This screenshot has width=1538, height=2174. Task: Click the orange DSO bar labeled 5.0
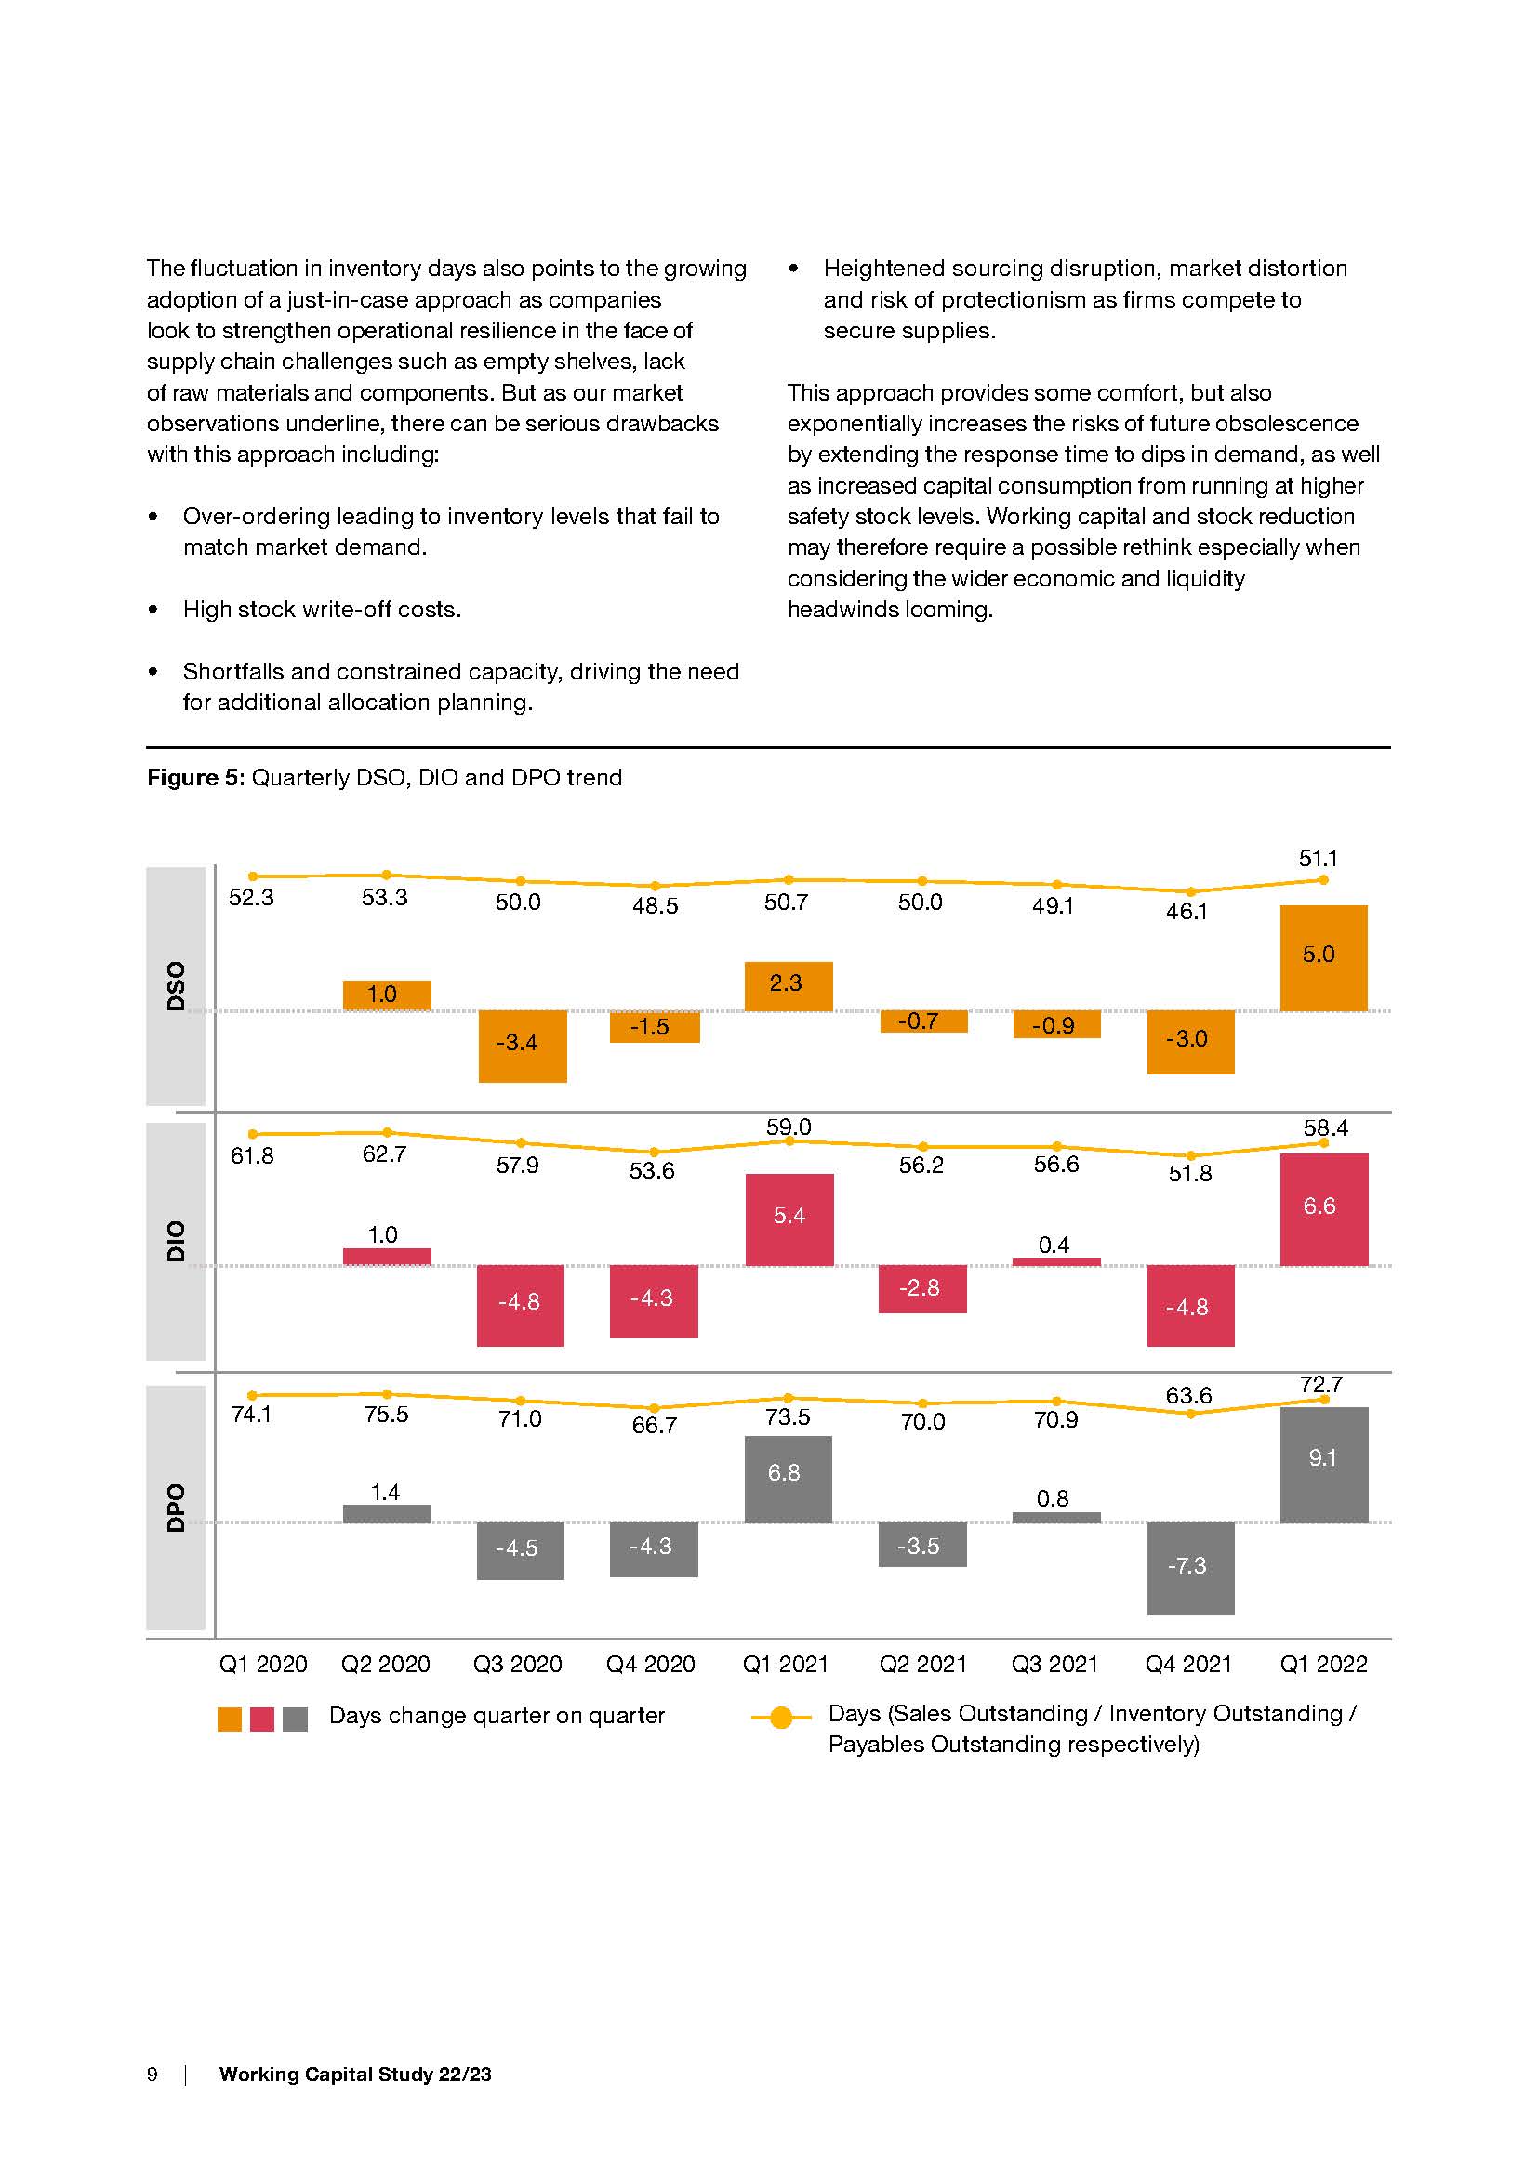click(x=1323, y=957)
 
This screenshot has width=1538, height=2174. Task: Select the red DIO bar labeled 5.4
click(x=789, y=1219)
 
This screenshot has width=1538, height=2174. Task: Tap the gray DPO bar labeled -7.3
click(x=1190, y=1568)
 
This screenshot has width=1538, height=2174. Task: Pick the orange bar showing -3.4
click(x=522, y=1046)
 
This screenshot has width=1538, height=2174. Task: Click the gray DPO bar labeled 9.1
click(x=1323, y=1464)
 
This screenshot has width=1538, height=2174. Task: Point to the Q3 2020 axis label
click(x=517, y=1664)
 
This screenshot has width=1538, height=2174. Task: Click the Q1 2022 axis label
click(x=1323, y=1664)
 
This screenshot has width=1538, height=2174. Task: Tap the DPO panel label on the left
click(x=176, y=1508)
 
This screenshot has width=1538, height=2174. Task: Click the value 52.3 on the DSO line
click(x=251, y=898)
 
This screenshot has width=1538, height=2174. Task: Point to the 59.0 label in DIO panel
click(x=788, y=1127)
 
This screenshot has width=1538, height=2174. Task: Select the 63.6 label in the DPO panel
click(x=1188, y=1395)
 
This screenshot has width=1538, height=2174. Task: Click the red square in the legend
click(x=262, y=1719)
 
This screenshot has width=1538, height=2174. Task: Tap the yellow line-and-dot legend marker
click(x=780, y=1717)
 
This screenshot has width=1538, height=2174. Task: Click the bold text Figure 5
click(x=195, y=777)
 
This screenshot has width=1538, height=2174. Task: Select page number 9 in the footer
click(x=152, y=2074)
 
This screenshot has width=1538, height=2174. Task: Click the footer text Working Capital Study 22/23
click(x=355, y=2074)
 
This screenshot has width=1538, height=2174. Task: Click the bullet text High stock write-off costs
click(x=322, y=609)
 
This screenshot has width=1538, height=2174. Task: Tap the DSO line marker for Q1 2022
click(x=1323, y=879)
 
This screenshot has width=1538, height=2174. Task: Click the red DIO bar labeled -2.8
click(x=921, y=1288)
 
